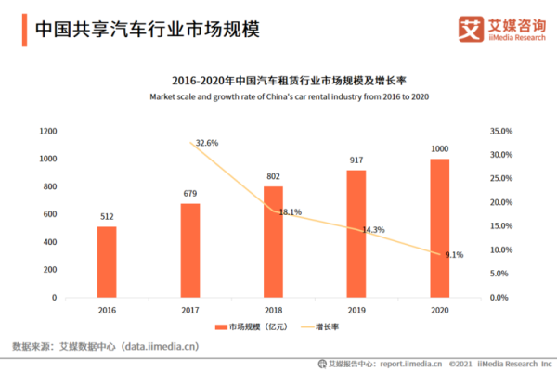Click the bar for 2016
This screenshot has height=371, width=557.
(107, 262)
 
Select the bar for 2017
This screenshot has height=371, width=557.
(190, 250)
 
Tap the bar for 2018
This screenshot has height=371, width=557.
(273, 242)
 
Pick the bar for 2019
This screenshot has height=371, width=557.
(356, 234)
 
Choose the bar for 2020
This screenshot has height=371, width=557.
(440, 228)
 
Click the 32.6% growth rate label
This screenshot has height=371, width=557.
(207, 143)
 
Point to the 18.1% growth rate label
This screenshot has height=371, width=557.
(290, 212)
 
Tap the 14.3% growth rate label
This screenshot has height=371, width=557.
(373, 229)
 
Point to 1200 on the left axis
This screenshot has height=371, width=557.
(48, 132)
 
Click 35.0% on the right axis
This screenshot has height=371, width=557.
(500, 132)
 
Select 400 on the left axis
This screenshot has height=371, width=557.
(51, 243)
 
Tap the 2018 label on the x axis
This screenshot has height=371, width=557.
(273, 310)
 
